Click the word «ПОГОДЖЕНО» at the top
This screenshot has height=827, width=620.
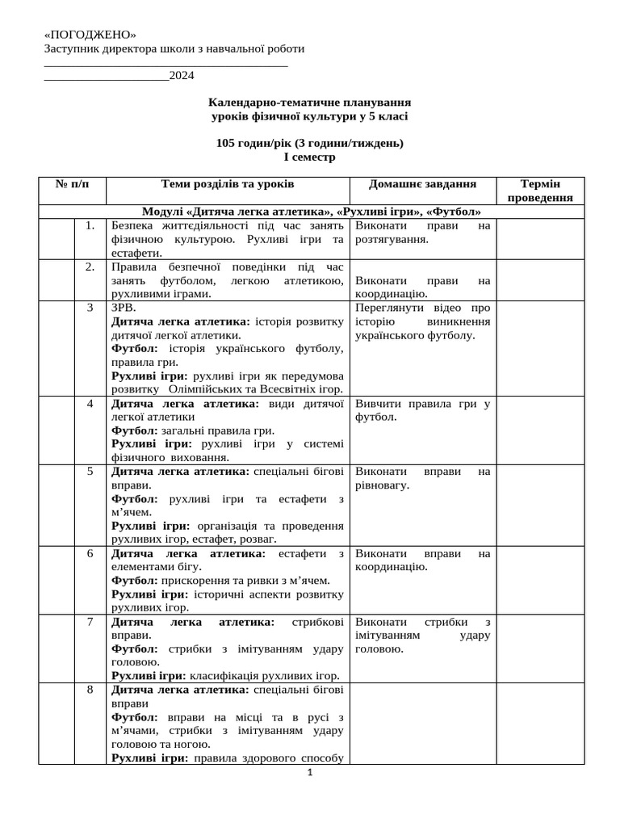(90, 35)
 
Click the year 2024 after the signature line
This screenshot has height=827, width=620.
(182, 76)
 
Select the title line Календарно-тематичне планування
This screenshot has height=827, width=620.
(309, 103)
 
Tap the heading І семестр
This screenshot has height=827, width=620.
(309, 157)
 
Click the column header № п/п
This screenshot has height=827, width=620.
(73, 184)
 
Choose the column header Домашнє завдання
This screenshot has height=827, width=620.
(422, 184)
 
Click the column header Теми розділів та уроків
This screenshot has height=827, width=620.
(228, 184)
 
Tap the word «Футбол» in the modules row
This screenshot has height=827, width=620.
(454, 212)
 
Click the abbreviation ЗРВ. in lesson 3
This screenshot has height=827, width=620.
(124, 308)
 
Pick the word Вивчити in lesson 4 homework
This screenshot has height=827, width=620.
(376, 404)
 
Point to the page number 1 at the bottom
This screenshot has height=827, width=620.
(309, 773)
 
